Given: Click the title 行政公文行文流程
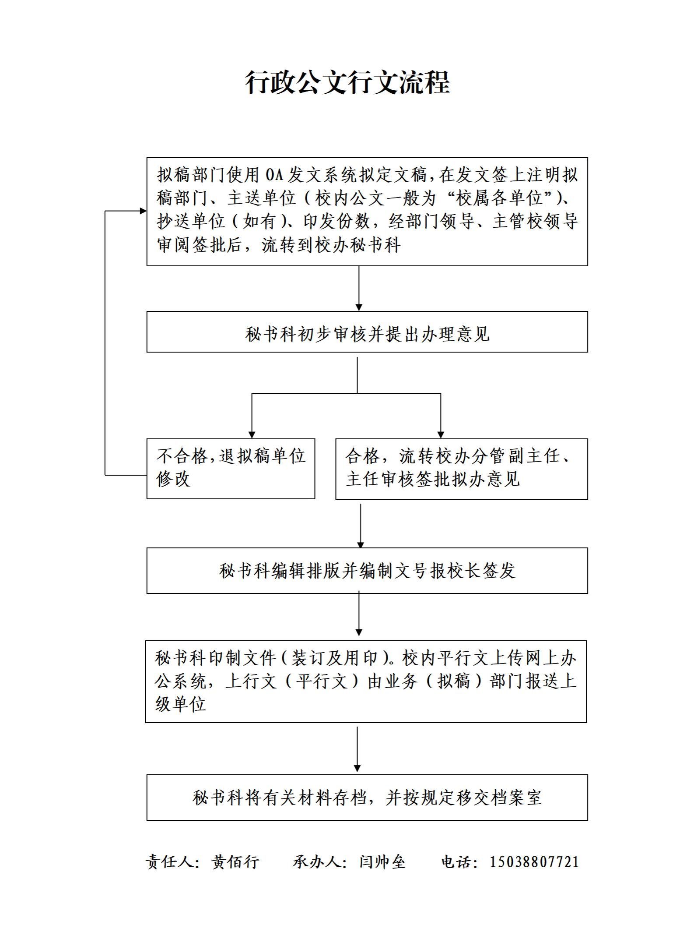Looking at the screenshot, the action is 347,82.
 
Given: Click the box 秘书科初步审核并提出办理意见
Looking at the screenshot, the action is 367,332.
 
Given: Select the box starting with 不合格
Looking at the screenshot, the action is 231,469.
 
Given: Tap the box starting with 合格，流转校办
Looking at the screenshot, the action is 462,469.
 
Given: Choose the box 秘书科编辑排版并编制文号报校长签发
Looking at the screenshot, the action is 367,571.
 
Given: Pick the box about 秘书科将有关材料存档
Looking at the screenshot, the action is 367,798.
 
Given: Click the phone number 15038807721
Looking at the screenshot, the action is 534,862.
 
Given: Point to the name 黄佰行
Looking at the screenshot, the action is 235,862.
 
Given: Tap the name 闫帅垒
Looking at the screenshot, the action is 382,862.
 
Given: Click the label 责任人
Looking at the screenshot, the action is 170,862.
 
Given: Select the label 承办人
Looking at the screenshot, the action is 317,862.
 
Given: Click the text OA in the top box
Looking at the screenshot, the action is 275,175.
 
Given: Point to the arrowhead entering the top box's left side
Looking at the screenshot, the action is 143,211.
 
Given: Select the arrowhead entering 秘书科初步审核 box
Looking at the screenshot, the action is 359,307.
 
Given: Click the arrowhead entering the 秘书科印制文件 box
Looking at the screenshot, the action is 359,632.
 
